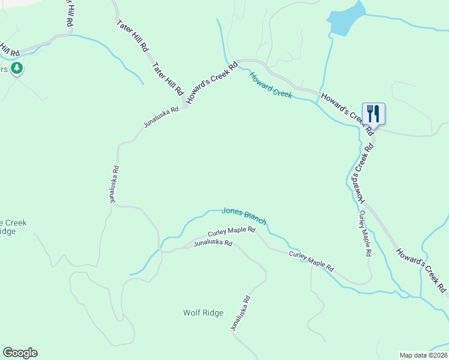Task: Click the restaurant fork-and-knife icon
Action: click(373, 113)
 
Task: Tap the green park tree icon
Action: click(17, 68)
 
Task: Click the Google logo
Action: click(20, 353)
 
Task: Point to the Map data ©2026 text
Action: click(424, 355)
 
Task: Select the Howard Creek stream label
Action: click(271, 85)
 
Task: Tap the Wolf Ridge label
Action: click(203, 313)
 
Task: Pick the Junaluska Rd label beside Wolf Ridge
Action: click(240, 314)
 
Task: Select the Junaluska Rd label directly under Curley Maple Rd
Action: click(212, 243)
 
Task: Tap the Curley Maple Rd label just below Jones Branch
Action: click(232, 231)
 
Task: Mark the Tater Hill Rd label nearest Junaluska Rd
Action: click(167, 79)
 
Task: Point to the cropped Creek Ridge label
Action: click(13, 227)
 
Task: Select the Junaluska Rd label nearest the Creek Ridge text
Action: click(114, 184)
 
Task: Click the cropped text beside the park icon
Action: click(4, 69)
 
